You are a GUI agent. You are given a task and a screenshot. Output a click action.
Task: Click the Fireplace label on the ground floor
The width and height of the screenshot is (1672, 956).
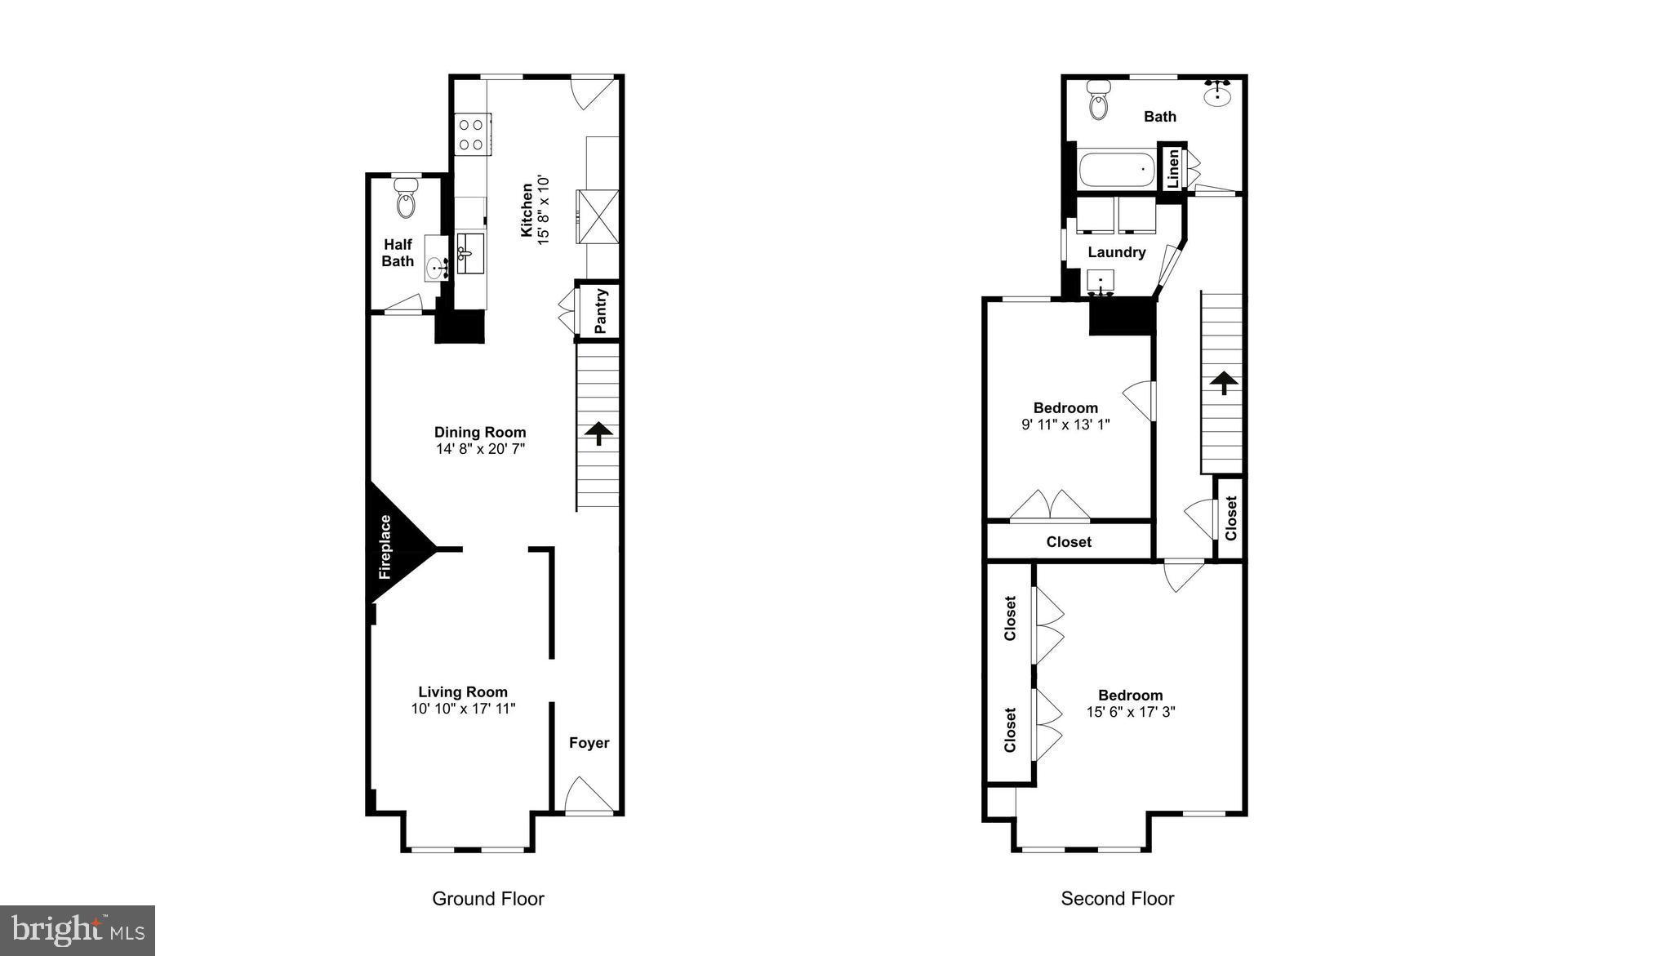click(x=385, y=547)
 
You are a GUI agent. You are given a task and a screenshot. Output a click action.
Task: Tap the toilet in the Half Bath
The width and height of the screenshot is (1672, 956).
click(x=406, y=199)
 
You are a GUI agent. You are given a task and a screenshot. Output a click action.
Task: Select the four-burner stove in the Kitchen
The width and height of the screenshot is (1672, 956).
click(x=471, y=135)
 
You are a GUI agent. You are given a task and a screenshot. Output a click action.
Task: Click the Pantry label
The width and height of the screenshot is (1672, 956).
click(x=601, y=311)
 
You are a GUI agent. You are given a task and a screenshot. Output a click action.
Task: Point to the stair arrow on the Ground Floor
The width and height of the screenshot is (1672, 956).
click(x=598, y=433)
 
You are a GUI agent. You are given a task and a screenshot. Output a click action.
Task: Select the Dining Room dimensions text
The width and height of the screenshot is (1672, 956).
click(x=480, y=449)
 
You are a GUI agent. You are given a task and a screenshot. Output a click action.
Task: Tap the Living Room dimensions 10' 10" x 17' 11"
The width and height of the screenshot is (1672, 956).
click(x=463, y=709)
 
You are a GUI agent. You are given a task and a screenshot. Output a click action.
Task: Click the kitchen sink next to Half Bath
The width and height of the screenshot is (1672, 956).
click(x=469, y=252)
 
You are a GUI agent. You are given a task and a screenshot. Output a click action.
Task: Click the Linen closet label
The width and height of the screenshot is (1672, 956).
click(x=1173, y=168)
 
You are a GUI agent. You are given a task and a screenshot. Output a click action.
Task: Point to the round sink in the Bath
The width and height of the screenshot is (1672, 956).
click(x=1217, y=94)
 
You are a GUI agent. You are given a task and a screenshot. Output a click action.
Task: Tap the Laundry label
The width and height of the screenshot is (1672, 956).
click(x=1116, y=252)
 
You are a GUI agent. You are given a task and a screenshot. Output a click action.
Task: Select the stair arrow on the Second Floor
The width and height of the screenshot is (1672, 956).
click(x=1223, y=382)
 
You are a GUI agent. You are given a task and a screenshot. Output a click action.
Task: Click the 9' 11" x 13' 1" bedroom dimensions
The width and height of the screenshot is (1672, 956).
click(x=1065, y=425)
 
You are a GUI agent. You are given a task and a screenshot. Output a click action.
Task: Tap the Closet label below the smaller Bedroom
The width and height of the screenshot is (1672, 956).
click(x=1069, y=542)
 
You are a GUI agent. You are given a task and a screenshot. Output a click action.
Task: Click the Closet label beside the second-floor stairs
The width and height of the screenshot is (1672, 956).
click(x=1231, y=518)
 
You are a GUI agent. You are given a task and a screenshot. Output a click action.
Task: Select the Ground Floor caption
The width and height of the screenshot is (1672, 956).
click(x=487, y=899)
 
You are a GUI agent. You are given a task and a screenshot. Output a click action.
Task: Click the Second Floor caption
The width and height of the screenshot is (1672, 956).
click(x=1117, y=899)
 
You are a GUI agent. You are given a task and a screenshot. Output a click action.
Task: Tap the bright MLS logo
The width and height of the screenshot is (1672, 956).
click(x=78, y=930)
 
